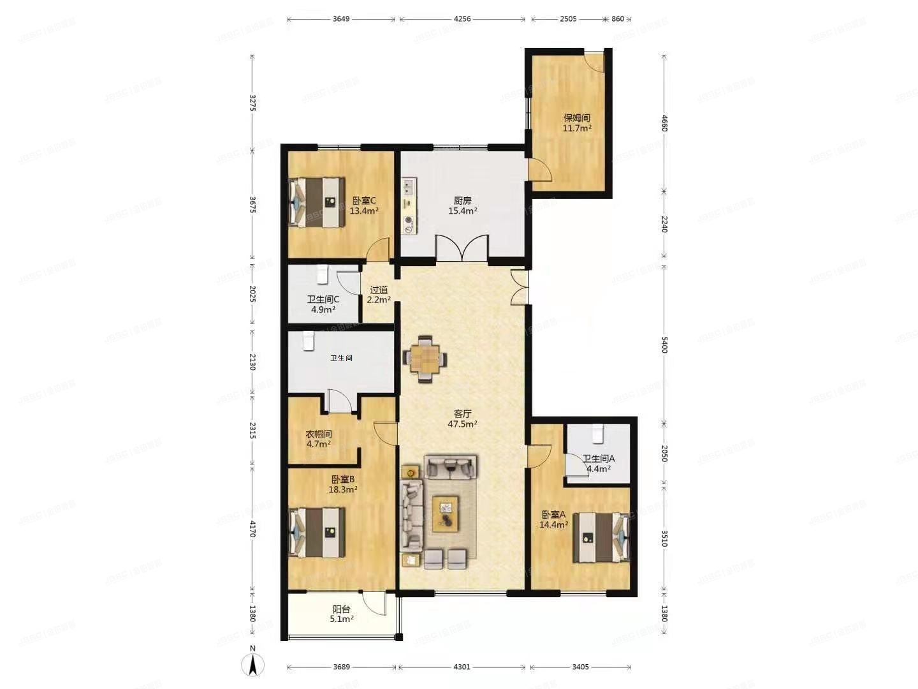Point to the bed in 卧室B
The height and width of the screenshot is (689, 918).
pyautogui.click(x=317, y=532)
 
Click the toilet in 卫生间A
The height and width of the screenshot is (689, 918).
pyautogui.click(x=597, y=433)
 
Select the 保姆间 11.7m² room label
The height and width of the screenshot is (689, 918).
pyautogui.click(x=576, y=122)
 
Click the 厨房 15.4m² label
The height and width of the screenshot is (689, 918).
pyautogui.click(x=462, y=205)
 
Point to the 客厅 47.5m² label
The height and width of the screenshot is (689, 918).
pyautogui.click(x=462, y=419)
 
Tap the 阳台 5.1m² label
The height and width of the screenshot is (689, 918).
pyautogui.click(x=342, y=614)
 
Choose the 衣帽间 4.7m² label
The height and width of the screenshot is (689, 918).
pyautogui.click(x=319, y=439)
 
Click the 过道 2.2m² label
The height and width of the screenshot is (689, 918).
pyautogui.click(x=379, y=294)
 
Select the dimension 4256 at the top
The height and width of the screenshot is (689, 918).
pyautogui.click(x=462, y=19)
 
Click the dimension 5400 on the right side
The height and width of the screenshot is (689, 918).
pyautogui.click(x=664, y=345)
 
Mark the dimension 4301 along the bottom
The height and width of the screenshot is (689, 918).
pyautogui.click(x=462, y=667)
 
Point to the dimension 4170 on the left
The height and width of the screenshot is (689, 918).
pyautogui.click(x=252, y=529)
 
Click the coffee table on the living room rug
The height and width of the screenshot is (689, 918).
pyautogui.click(x=446, y=514)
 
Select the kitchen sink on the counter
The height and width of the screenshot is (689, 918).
pyautogui.click(x=409, y=186)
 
